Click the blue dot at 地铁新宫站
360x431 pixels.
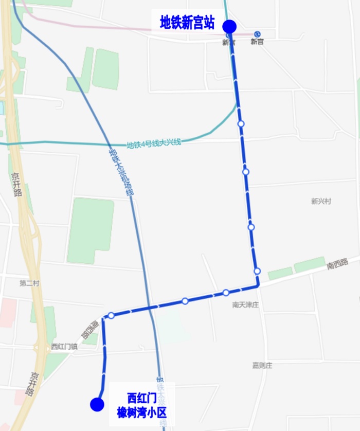coord(229,26)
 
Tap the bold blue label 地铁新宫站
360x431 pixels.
coord(187,23)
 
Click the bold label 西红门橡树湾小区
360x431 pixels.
coord(142,405)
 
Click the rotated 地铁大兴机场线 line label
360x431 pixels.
coord(121,172)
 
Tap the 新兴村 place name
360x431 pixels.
coord(320,201)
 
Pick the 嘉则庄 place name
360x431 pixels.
coord(262,366)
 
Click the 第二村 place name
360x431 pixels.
coord(29,283)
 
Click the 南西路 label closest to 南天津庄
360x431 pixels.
coord(337,265)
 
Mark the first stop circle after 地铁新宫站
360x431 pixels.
coord(241,123)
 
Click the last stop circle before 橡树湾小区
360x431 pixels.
coord(111,315)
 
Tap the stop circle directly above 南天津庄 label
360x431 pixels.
coord(226,293)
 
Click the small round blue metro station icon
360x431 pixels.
coord(258,34)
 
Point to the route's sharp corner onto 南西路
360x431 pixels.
coord(258,284)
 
